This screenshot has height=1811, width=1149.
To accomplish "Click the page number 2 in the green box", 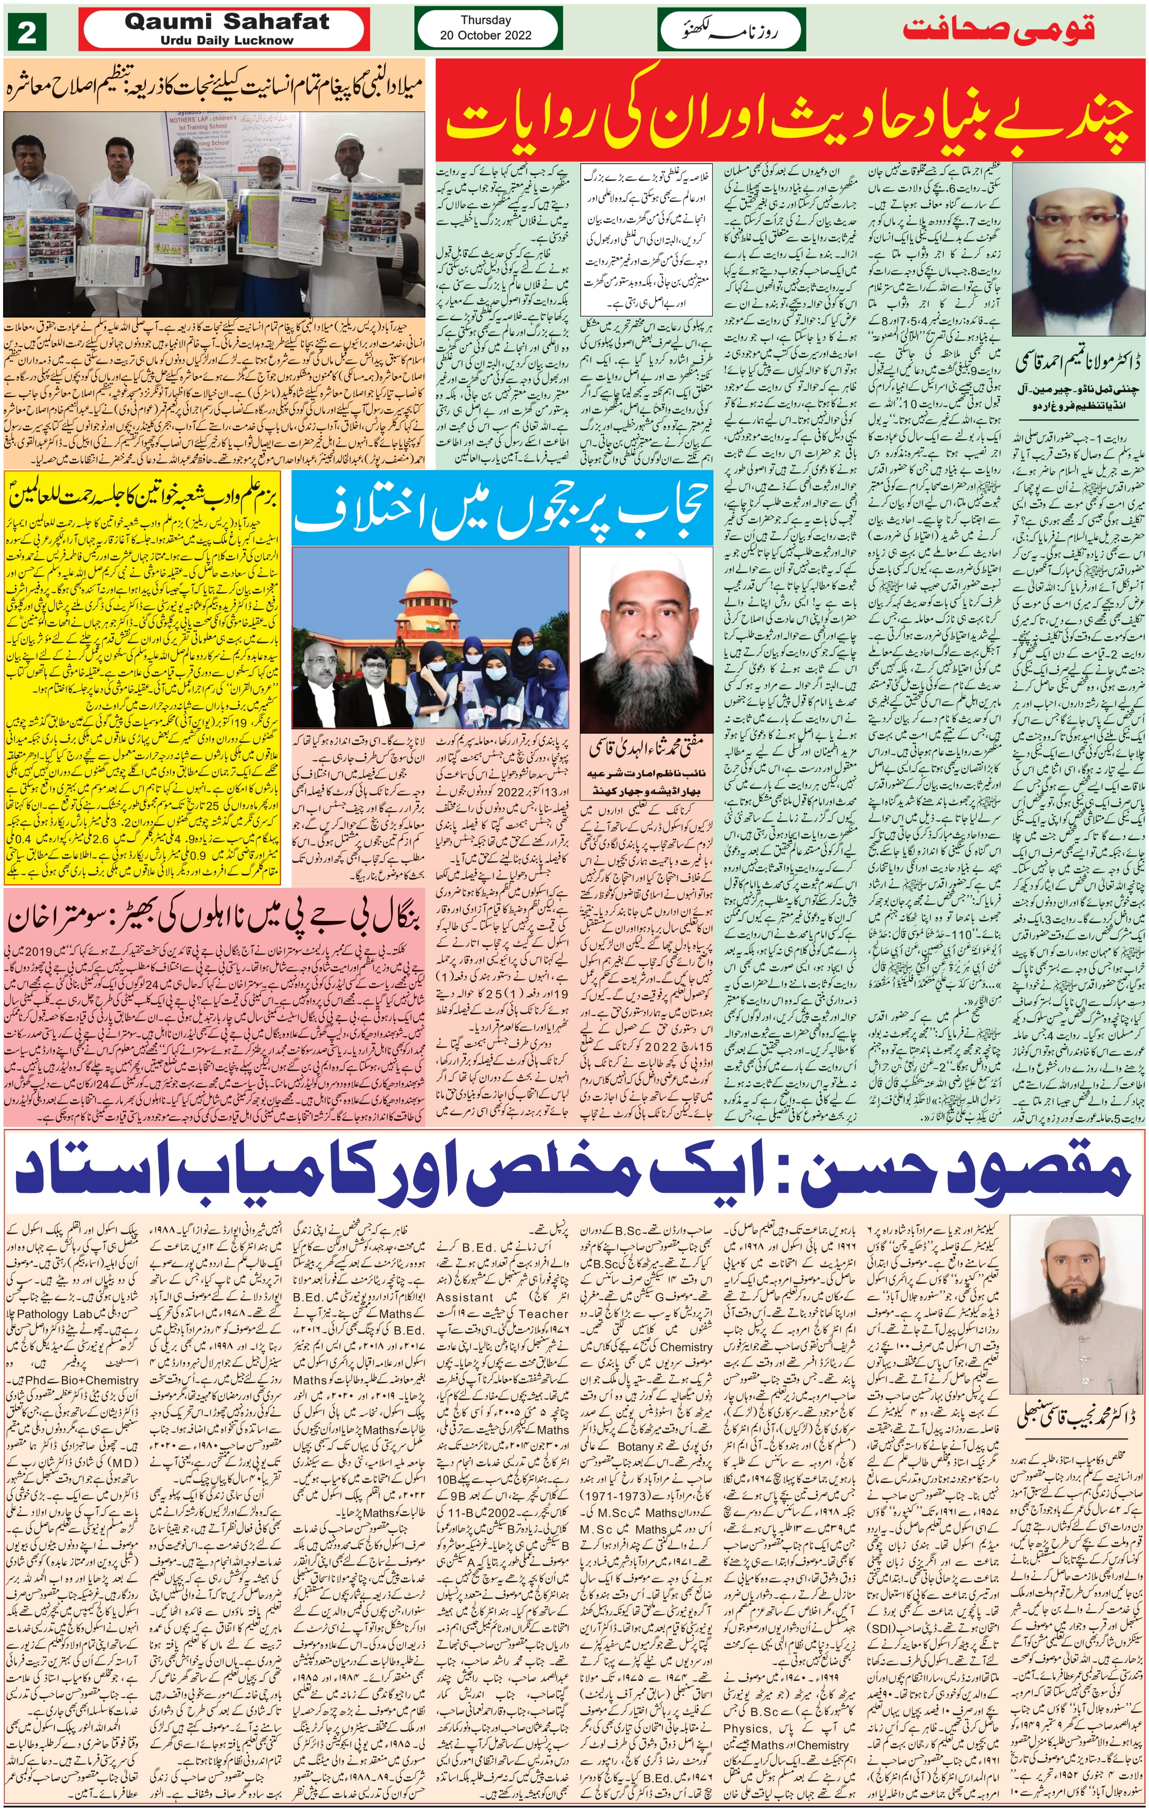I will [x=27, y=33].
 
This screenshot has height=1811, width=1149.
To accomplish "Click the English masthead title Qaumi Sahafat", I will [x=227, y=22].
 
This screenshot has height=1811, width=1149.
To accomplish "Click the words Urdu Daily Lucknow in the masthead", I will [x=226, y=41].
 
